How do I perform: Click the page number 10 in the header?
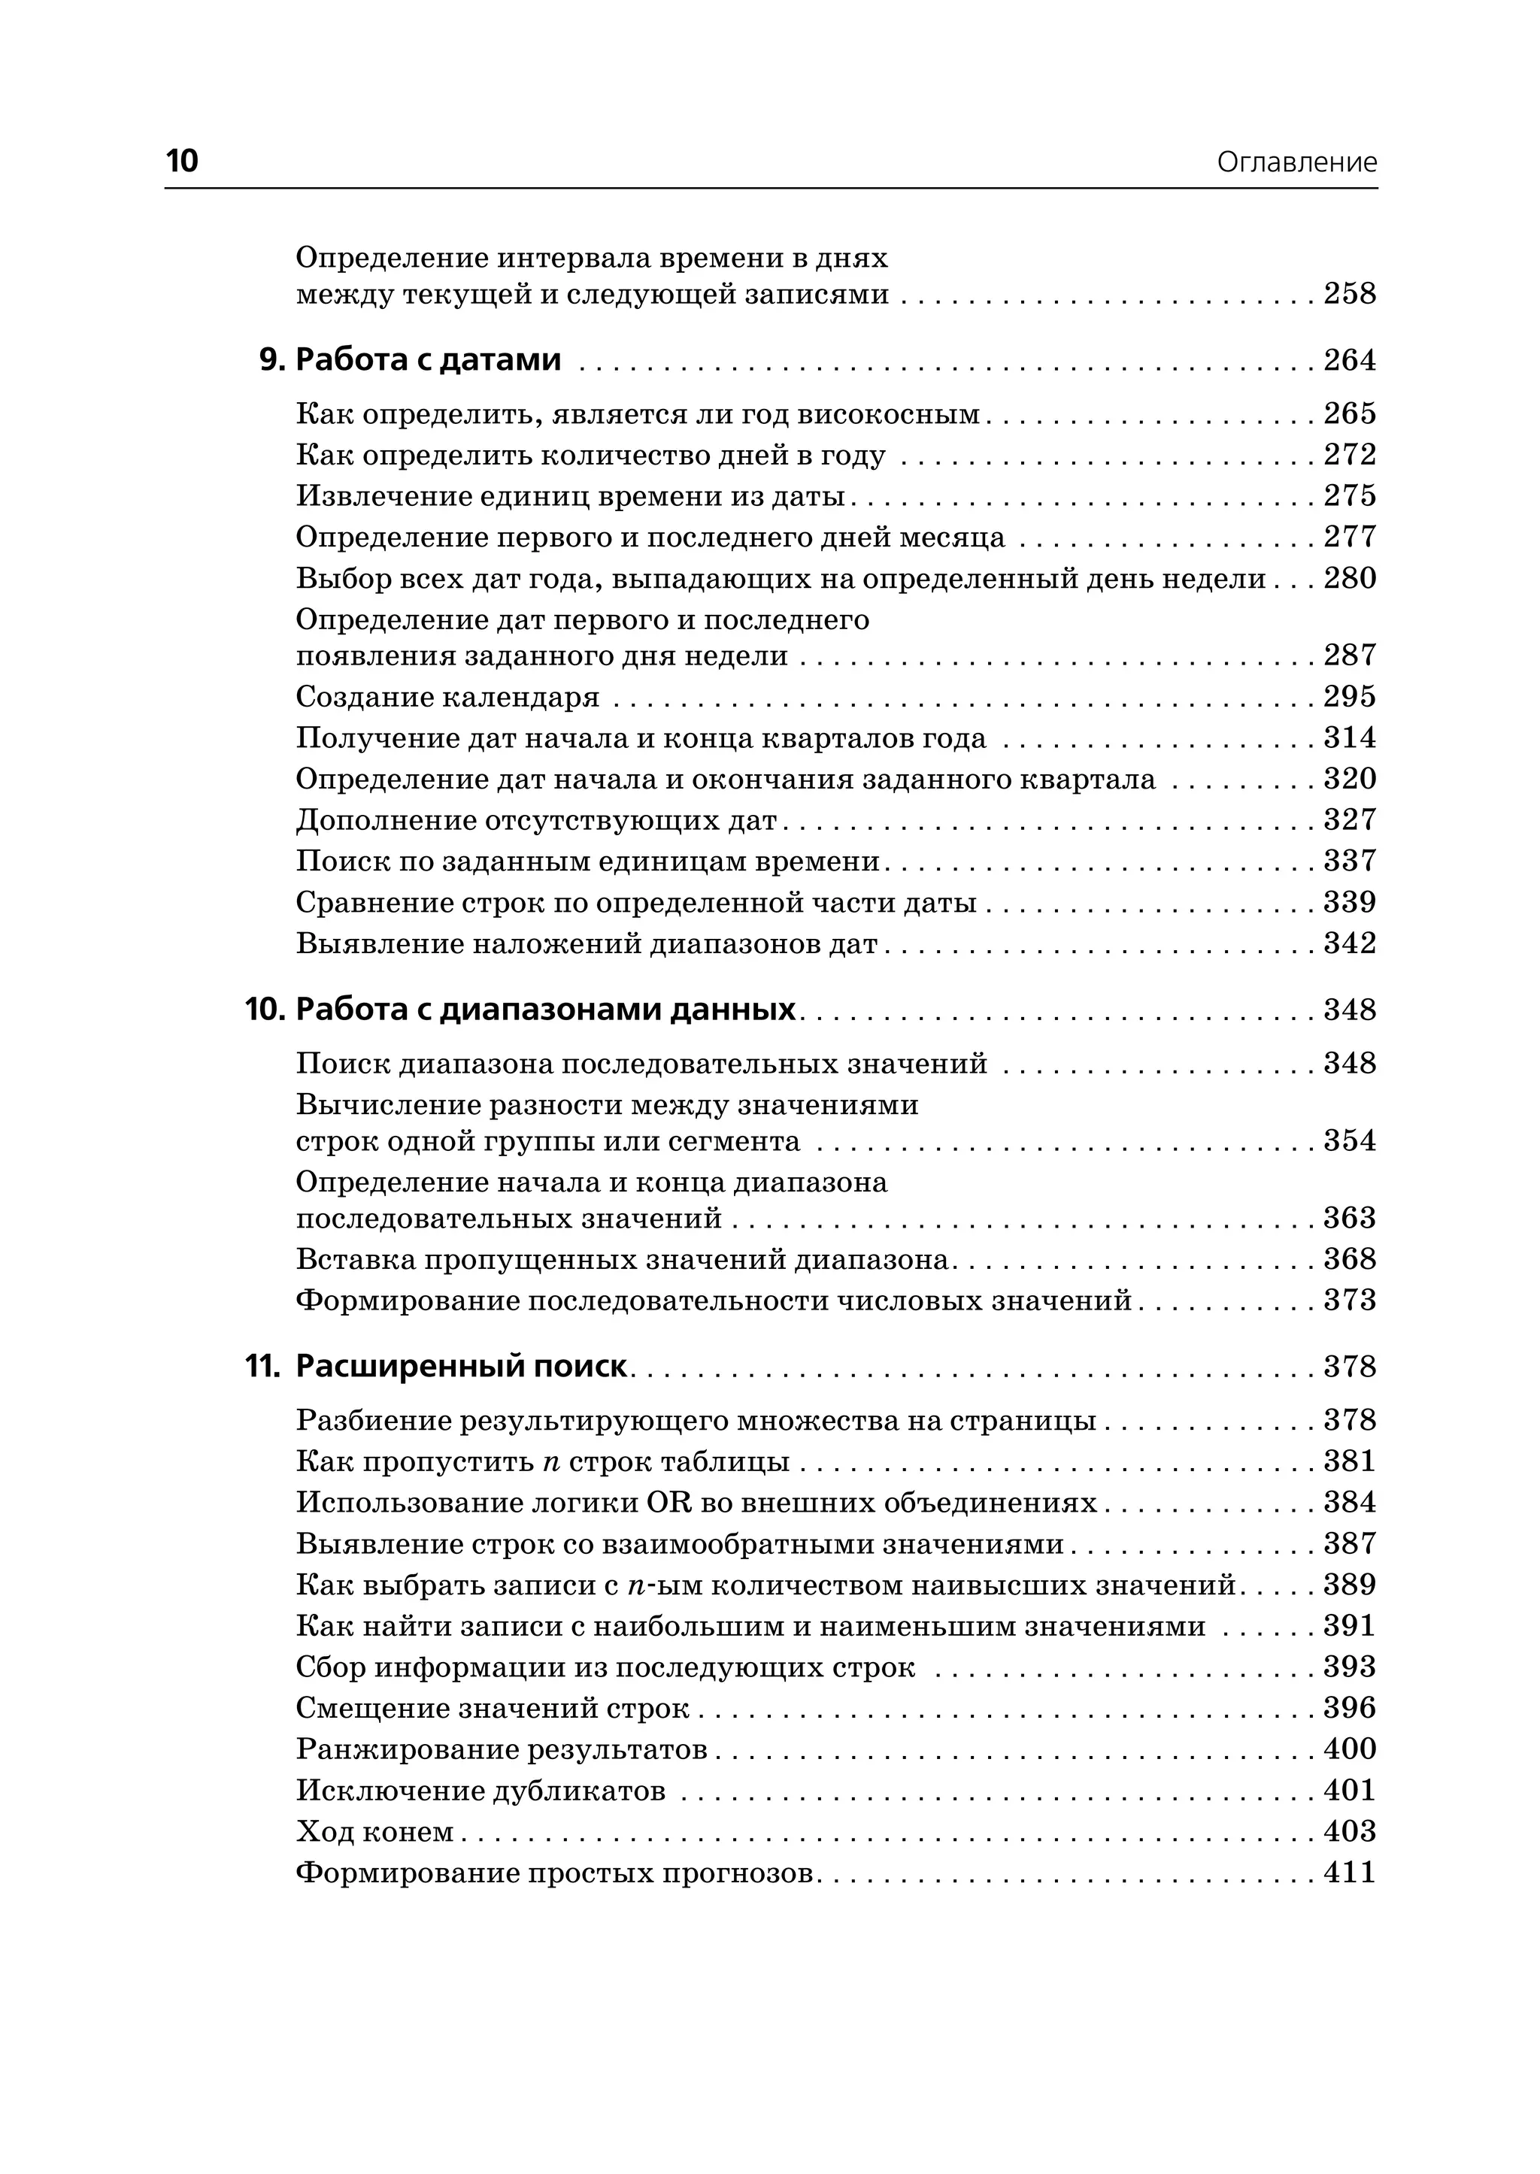(x=182, y=161)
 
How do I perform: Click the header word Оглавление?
(x=1296, y=163)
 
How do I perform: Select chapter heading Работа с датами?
(x=429, y=360)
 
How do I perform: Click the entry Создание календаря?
(x=447, y=698)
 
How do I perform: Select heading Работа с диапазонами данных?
(x=545, y=1010)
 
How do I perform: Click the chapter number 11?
(x=262, y=1367)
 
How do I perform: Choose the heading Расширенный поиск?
(x=461, y=1367)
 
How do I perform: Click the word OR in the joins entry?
(x=669, y=1503)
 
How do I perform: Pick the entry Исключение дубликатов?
(x=480, y=1791)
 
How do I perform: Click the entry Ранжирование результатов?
(x=502, y=1749)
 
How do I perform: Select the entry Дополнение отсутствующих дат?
(x=536, y=820)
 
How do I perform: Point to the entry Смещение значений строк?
(x=493, y=1709)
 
